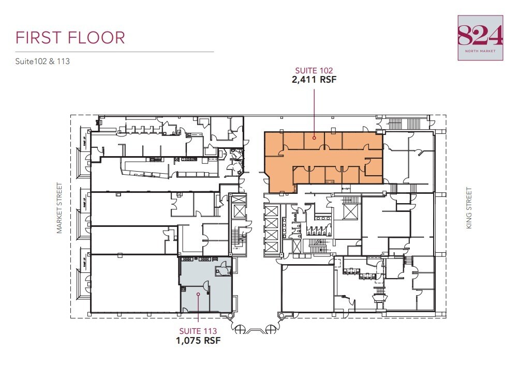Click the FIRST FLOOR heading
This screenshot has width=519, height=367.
click(70, 38)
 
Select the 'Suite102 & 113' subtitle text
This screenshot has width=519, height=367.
click(42, 61)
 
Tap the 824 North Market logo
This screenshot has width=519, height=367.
click(480, 38)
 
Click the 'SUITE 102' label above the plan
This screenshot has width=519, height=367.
click(314, 71)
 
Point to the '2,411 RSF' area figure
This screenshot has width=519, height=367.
click(314, 80)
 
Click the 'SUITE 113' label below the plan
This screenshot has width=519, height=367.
click(198, 331)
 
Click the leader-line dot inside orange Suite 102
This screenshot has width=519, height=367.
click(314, 139)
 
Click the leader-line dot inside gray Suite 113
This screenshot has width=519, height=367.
click(198, 294)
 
